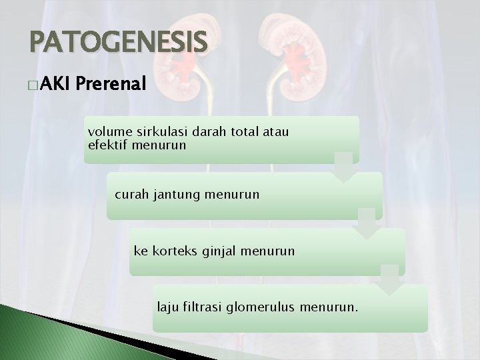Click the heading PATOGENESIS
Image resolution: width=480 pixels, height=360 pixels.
pyautogui.click(x=119, y=43)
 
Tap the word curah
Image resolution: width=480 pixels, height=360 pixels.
pyautogui.click(x=131, y=195)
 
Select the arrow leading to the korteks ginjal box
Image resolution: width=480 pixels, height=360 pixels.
pyautogui.click(x=367, y=223)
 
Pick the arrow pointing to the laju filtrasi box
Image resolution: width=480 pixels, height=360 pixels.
pyautogui.click(x=390, y=279)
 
